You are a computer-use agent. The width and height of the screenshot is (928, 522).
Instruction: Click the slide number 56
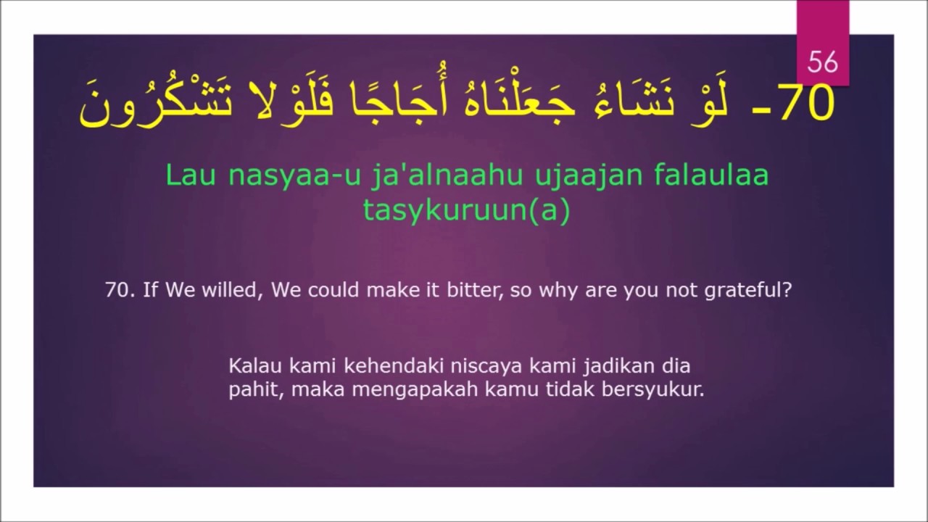click(x=822, y=62)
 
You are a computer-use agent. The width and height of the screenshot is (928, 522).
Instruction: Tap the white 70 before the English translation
click(x=119, y=291)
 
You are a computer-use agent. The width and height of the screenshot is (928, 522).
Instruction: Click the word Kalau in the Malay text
click(x=252, y=364)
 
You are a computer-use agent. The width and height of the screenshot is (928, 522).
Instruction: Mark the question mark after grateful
click(x=787, y=291)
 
